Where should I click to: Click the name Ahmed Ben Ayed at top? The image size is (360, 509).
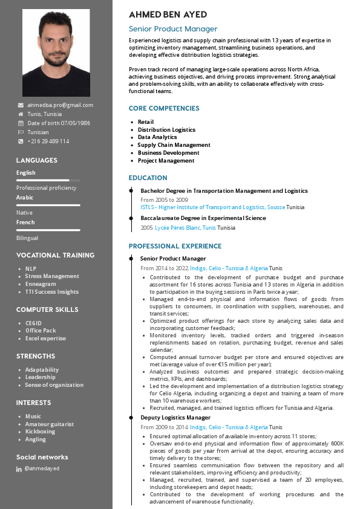pyautogui.click(x=168, y=15)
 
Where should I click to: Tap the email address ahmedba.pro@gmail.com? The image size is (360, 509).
pyautogui.click(x=60, y=105)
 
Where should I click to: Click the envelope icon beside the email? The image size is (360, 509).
pyautogui.click(x=21, y=105)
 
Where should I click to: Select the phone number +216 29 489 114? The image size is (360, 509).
pyautogui.click(x=48, y=141)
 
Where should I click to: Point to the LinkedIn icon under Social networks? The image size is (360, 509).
pyautogui.click(x=19, y=469)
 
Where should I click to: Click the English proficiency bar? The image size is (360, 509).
pyautogui.click(x=48, y=180)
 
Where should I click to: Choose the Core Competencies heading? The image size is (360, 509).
pyautogui.click(x=163, y=109)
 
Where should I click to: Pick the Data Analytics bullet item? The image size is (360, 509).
pyautogui.click(x=157, y=137)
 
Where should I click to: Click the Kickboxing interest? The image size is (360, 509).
pyautogui.click(x=40, y=432)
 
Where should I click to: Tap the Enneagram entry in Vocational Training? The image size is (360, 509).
pyautogui.click(x=41, y=284)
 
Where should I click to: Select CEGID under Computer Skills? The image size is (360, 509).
pyautogui.click(x=33, y=323)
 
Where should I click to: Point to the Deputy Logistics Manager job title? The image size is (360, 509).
pyautogui.click(x=175, y=418)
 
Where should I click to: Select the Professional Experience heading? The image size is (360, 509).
pyautogui.click(x=175, y=247)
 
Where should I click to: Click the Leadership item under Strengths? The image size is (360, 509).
pyautogui.click(x=41, y=377)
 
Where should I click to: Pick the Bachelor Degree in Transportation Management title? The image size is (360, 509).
pyautogui.click(x=224, y=190)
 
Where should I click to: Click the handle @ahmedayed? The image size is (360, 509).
pyautogui.click(x=42, y=469)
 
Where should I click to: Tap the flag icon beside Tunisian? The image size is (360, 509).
pyautogui.click(x=21, y=132)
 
